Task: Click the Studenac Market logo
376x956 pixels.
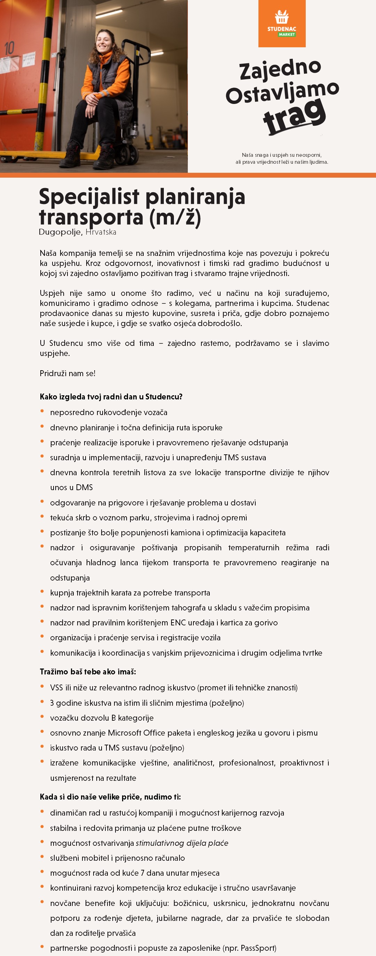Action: pyautogui.click(x=282, y=24)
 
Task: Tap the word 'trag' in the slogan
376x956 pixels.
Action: pyautogui.click(x=294, y=116)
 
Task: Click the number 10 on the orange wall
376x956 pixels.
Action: pyautogui.click(x=10, y=48)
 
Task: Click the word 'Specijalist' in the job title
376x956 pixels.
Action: pyautogui.click(x=89, y=197)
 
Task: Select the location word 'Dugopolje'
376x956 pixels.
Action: pyautogui.click(x=60, y=232)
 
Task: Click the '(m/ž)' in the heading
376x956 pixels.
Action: pyautogui.click(x=175, y=218)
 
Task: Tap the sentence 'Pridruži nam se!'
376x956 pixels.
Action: pyautogui.click(x=67, y=373)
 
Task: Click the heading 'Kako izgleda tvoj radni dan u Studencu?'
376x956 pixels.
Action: pyautogui.click(x=111, y=397)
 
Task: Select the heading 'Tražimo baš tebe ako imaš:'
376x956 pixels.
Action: pyautogui.click(x=88, y=672)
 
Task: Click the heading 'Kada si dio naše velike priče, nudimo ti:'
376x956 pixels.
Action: pyautogui.click(x=110, y=797)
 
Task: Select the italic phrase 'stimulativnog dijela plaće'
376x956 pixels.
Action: pyautogui.click(x=182, y=843)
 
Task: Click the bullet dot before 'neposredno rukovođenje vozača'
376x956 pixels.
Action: pyautogui.click(x=42, y=411)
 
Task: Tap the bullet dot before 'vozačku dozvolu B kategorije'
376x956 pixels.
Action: pyautogui.click(x=42, y=716)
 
